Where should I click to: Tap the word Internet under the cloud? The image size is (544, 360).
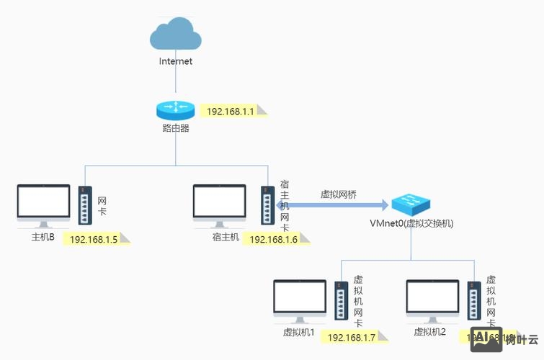[175, 61]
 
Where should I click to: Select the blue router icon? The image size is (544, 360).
[175, 109]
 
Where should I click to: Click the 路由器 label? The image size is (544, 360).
[175, 129]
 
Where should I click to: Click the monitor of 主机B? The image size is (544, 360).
[44, 204]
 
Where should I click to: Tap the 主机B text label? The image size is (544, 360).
[43, 236]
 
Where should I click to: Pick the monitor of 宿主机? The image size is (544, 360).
[220, 204]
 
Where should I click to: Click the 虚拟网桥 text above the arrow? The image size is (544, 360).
[338, 194]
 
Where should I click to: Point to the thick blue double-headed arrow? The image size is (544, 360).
[331, 206]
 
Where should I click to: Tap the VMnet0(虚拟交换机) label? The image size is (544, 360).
[411, 223]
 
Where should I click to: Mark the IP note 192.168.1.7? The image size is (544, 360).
[352, 337]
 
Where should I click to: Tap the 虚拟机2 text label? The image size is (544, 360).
[430, 332]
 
